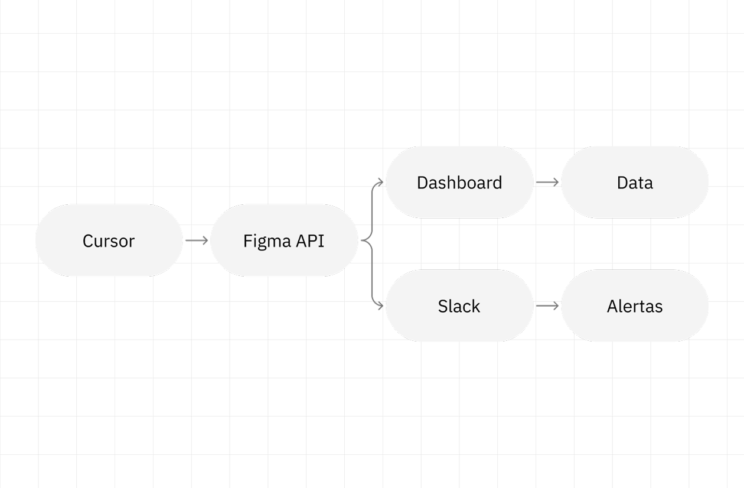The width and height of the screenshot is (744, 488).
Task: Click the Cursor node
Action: click(x=109, y=240)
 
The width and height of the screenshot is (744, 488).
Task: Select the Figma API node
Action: click(x=284, y=240)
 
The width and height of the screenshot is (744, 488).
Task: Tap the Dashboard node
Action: click(x=459, y=183)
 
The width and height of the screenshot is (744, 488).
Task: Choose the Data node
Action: click(x=635, y=183)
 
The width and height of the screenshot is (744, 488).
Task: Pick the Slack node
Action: click(x=459, y=306)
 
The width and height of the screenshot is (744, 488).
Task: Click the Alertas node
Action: click(x=635, y=306)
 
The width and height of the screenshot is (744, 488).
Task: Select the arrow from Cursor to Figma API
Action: click(x=197, y=240)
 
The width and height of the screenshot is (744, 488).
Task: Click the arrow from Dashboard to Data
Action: click(x=547, y=183)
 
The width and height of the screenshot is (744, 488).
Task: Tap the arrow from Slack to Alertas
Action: click(x=547, y=306)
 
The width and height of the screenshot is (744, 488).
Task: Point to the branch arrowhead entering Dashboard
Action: click(x=381, y=183)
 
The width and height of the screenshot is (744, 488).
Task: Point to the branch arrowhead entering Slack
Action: click(x=381, y=306)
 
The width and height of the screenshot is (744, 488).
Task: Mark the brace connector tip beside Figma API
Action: click(x=363, y=240)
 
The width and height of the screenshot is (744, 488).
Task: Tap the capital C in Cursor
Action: click(x=87, y=241)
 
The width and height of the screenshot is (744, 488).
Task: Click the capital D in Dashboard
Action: click(x=422, y=183)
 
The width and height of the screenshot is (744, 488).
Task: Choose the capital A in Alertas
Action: click(x=612, y=307)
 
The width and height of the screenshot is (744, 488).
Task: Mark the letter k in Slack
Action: click(x=476, y=306)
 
